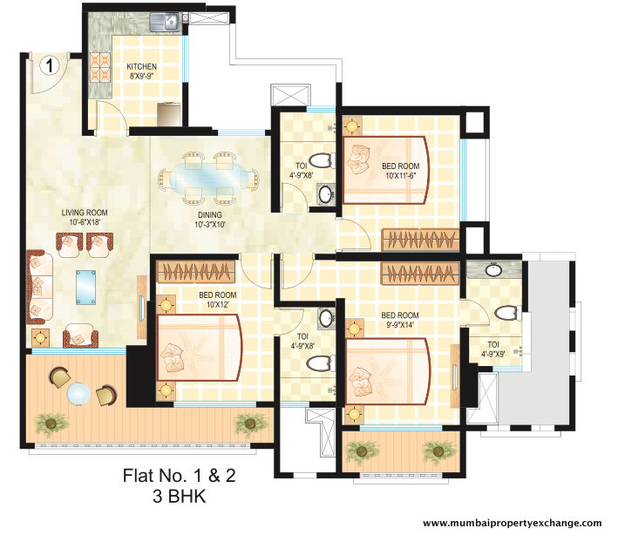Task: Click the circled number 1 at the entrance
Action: pos(51,64)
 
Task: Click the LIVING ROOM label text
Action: pos(84,217)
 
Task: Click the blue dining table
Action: pos(207,174)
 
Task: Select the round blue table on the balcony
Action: pos(79,395)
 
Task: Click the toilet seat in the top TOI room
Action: pos(322,160)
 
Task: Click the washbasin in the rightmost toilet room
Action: pos(494,269)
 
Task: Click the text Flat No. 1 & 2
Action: pos(177,476)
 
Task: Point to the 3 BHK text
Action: pos(177,497)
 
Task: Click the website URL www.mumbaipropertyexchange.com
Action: pos(512,523)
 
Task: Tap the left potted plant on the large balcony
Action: pos(52,423)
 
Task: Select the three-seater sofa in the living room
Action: pos(39,285)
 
